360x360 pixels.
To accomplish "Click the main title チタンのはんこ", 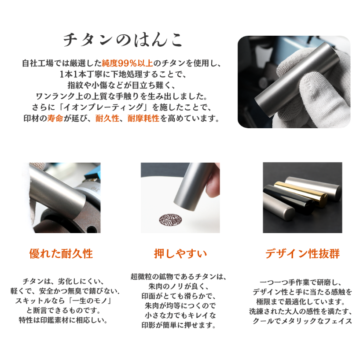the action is tap(123, 40).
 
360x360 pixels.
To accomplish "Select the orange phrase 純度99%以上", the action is tap(127, 63).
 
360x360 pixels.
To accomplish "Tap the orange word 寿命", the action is tap(55, 118).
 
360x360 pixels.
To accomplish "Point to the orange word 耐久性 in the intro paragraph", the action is tap(107, 118).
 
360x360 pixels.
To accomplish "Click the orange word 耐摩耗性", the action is tap(143, 118).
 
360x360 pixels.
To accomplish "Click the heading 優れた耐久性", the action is tap(61, 253).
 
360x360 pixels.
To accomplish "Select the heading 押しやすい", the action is tap(180, 253).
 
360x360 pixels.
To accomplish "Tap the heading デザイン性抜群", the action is tap(302, 253).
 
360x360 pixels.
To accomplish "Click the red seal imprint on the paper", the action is tap(170, 220).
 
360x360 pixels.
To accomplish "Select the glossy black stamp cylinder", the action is tap(289, 200).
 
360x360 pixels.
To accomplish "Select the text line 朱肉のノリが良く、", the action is tap(179, 286).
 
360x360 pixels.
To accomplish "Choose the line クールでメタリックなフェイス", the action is tap(302, 321).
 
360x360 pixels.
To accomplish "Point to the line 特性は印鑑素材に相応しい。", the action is tap(63, 320).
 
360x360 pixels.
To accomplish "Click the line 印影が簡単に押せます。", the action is tap(179, 325).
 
